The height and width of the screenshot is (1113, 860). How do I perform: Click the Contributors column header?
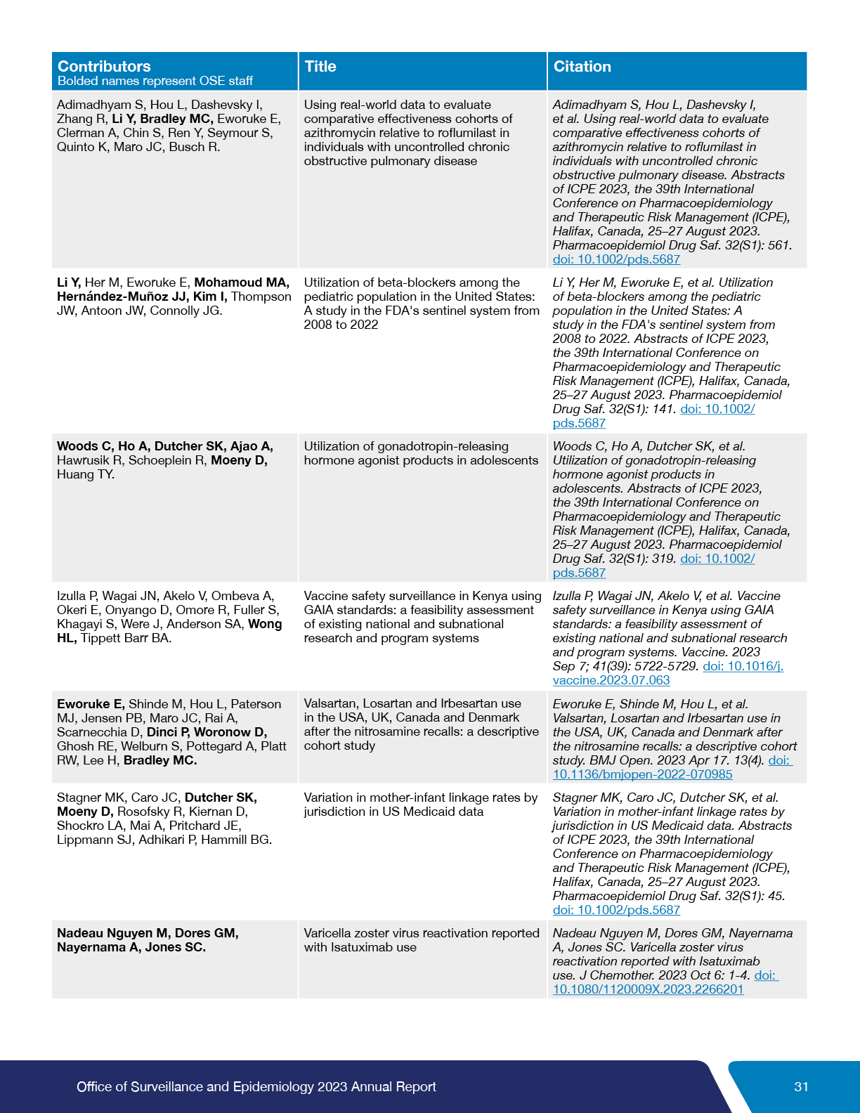point(104,66)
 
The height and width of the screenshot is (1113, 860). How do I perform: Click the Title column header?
point(320,66)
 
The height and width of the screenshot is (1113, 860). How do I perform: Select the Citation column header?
point(582,66)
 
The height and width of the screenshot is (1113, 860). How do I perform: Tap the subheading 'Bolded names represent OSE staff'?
point(155,81)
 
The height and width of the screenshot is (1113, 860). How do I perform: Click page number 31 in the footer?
point(801,1086)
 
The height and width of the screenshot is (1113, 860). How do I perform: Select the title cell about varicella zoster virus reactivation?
point(421,940)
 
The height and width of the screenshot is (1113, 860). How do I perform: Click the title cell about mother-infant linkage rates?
point(420,805)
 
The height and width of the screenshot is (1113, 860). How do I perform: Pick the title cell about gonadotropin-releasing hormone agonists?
point(420,453)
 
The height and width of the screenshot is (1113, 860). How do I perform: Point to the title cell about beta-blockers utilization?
point(421,304)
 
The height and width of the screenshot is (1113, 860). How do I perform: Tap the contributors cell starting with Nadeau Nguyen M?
point(148,940)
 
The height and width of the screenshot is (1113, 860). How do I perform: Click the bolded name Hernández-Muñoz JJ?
point(122,297)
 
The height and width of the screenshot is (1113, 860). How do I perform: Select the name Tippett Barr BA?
point(126,638)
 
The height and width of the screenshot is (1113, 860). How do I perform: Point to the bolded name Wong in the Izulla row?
point(265,624)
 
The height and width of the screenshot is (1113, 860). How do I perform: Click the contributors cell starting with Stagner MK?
point(164,819)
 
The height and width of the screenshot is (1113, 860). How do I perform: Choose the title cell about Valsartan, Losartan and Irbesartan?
point(421,724)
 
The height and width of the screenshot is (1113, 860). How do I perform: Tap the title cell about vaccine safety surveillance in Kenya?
point(422,617)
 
